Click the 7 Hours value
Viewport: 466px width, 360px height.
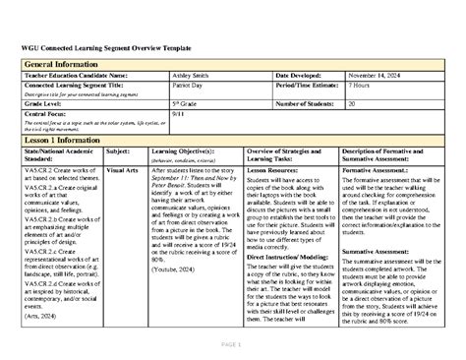tap(359, 87)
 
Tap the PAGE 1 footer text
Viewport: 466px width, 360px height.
tap(232, 343)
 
